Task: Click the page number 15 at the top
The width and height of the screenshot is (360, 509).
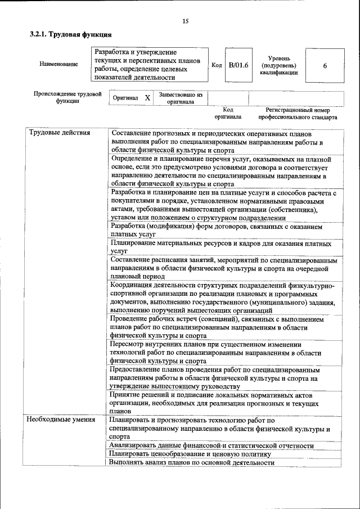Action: (186, 21)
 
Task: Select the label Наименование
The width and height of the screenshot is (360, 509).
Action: (58, 65)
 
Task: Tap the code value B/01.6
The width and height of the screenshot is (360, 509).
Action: (238, 65)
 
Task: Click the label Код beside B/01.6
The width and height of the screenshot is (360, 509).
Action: (217, 65)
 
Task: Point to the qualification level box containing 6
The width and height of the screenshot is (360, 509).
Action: (325, 65)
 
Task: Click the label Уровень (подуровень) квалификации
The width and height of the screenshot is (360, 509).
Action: (279, 65)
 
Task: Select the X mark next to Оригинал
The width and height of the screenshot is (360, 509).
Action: (147, 98)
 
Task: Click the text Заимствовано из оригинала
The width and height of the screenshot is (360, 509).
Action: (180, 98)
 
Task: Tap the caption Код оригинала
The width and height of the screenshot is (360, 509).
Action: (228, 114)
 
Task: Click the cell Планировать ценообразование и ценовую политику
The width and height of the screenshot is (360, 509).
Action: (191, 454)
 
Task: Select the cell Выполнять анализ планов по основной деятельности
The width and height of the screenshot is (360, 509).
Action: (192, 462)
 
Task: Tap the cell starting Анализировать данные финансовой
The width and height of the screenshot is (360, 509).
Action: (211, 445)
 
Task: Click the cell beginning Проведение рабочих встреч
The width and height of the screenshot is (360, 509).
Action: (217, 326)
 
